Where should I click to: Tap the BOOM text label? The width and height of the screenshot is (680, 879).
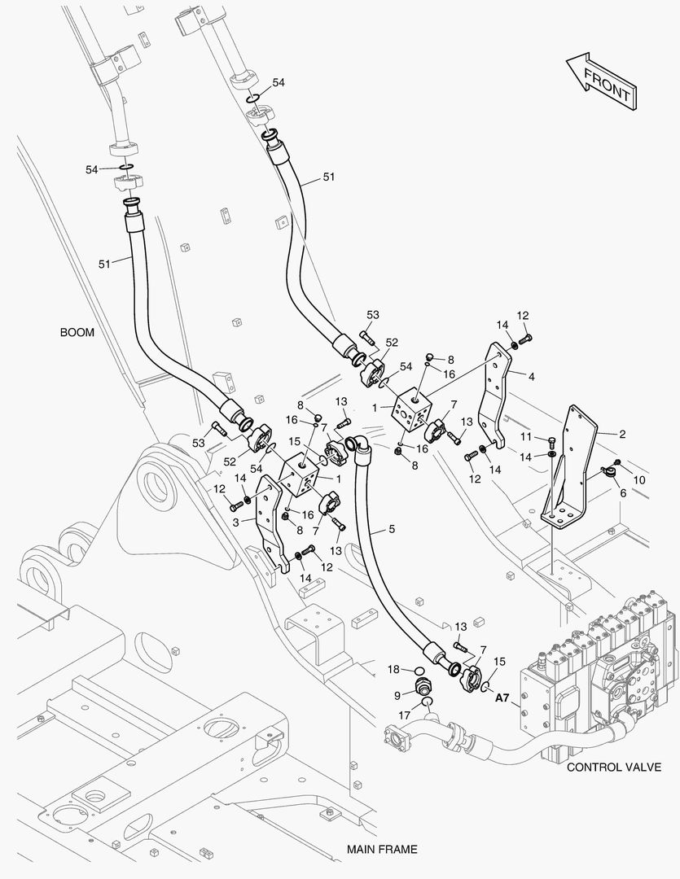click(x=77, y=332)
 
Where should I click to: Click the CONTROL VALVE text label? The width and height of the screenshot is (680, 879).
click(x=613, y=767)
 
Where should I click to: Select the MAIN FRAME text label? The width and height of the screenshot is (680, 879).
click(x=381, y=849)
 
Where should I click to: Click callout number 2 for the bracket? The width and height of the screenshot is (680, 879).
click(x=622, y=435)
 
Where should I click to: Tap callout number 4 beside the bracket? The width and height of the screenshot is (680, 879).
click(x=531, y=377)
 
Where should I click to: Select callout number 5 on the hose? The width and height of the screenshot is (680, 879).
click(x=392, y=530)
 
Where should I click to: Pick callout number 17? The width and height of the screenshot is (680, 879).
click(x=404, y=715)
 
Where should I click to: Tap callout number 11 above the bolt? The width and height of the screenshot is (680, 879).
click(x=527, y=437)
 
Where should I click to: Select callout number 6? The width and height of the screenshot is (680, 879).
click(x=622, y=493)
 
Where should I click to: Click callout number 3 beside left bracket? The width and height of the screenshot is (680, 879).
click(x=235, y=522)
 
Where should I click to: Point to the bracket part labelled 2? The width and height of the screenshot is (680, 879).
click(x=570, y=472)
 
